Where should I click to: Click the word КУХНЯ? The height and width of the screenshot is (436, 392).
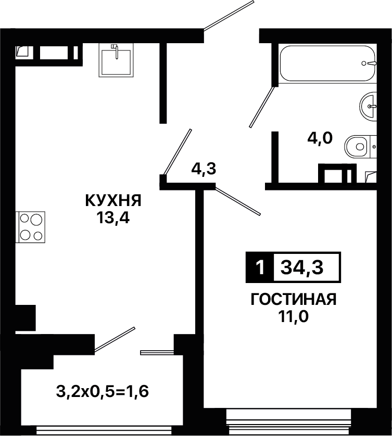(x=113, y=200)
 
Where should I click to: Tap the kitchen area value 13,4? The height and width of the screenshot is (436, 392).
(x=113, y=218)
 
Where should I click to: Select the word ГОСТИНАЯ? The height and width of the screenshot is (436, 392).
(x=294, y=299)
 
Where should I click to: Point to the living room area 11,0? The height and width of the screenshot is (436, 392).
(x=294, y=316)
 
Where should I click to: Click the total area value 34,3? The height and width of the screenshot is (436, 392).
(x=302, y=267)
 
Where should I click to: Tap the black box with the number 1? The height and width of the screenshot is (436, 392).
(x=260, y=267)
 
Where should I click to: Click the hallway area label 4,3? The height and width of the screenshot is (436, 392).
(x=204, y=169)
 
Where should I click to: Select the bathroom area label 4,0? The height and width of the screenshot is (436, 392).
(x=320, y=138)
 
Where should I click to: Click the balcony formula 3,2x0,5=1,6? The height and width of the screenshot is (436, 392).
(x=103, y=392)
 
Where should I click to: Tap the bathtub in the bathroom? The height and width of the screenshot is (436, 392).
(x=328, y=63)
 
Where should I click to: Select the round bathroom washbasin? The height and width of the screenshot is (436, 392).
(x=368, y=106)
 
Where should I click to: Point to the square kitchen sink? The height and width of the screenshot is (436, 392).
(x=116, y=60)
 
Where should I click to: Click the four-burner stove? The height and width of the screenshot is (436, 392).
(x=30, y=227)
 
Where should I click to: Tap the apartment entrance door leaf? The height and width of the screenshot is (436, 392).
(x=229, y=15)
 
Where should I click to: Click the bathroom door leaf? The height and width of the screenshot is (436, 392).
(x=262, y=107)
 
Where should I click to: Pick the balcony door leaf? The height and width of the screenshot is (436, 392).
(x=115, y=339)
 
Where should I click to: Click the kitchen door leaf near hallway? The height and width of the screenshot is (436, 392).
(x=177, y=152)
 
